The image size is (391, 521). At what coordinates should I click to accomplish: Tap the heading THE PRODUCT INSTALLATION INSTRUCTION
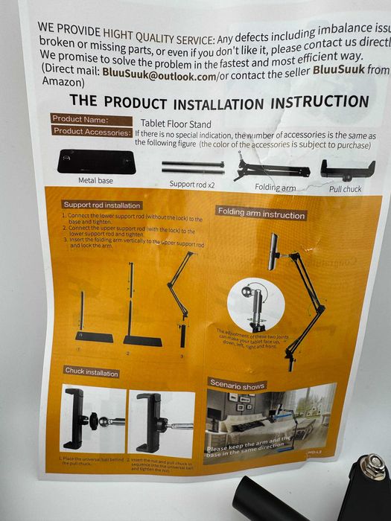click(x=218, y=102)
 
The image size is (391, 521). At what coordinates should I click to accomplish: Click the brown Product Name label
click(x=81, y=119)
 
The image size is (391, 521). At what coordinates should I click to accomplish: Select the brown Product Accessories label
click(x=90, y=131)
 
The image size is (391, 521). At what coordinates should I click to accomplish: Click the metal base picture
click(x=95, y=161)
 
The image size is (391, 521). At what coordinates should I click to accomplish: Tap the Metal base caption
click(x=95, y=180)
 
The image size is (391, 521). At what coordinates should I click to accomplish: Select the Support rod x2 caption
click(x=192, y=183)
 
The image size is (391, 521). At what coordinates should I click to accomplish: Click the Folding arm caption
click(x=276, y=188)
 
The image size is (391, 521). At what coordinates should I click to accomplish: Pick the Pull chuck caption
click(x=346, y=189)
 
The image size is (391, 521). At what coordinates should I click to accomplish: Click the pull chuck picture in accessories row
click(x=347, y=169)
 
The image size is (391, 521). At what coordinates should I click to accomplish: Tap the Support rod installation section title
click(x=101, y=205)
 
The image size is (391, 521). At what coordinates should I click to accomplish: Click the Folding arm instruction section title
click(x=261, y=214)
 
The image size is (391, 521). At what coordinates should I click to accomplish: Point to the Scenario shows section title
click(x=237, y=386)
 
